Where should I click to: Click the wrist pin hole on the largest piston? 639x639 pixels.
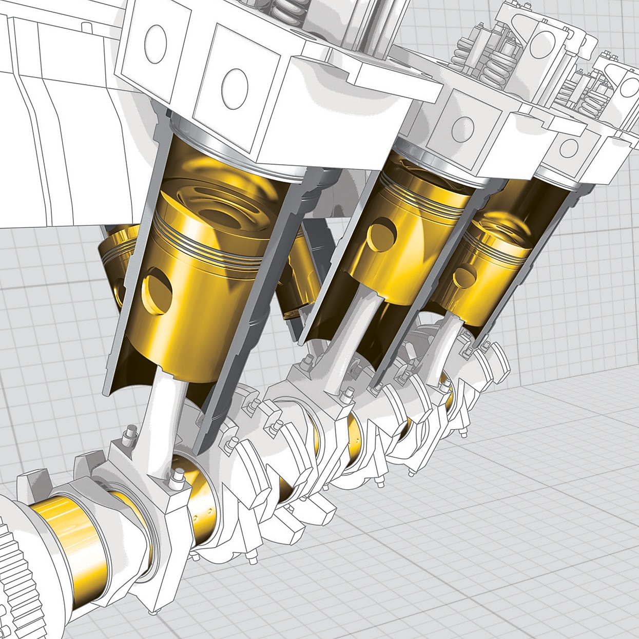pyautogui.click(x=157, y=293)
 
